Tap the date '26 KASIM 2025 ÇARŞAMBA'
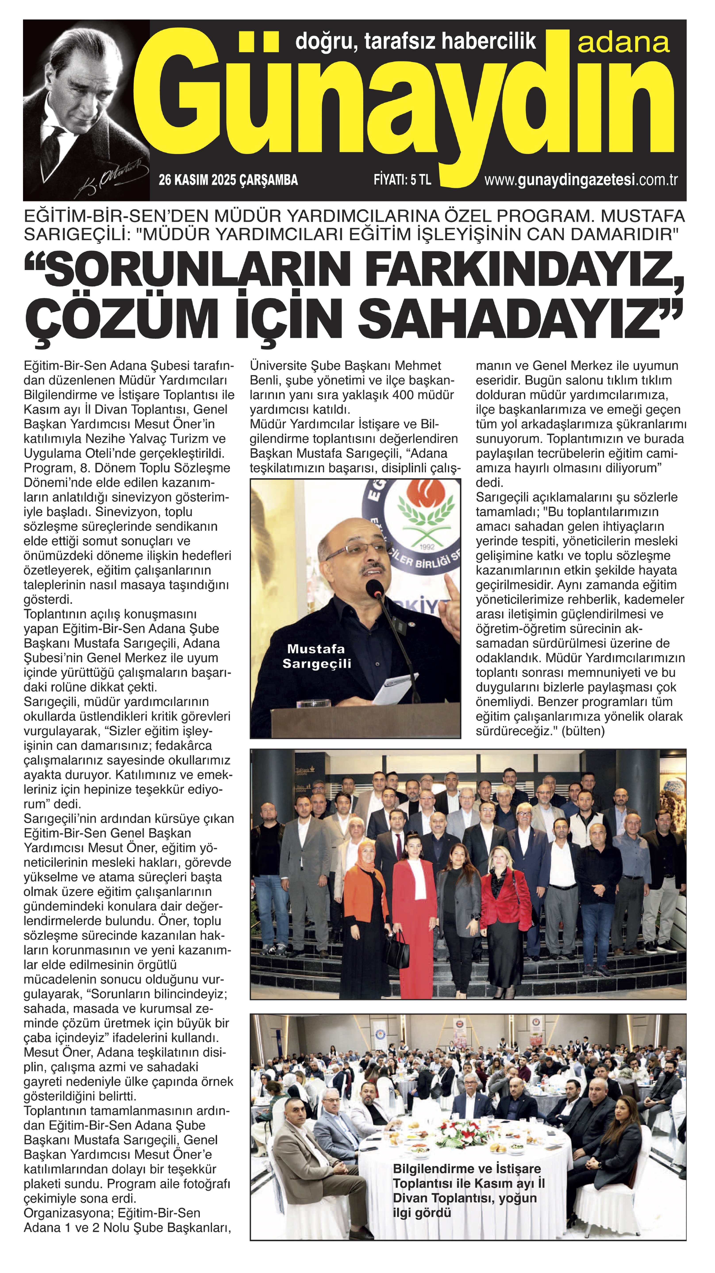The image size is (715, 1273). click(228, 180)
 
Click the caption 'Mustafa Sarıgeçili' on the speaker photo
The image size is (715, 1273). click(316, 656)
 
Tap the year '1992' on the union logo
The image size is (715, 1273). click(427, 547)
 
